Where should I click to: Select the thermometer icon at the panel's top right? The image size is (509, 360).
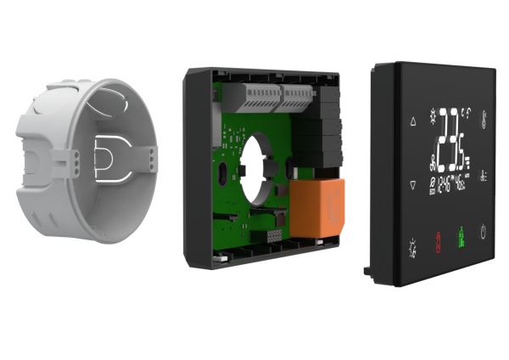coord(484,117)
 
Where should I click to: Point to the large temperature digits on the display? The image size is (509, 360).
coord(456,139)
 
